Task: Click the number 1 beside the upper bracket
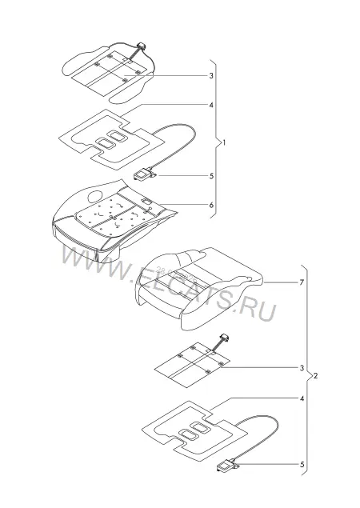click(x=224, y=142)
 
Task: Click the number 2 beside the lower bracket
click(x=316, y=375)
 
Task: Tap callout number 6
click(x=211, y=205)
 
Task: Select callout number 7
click(x=302, y=282)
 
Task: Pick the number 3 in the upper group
click(x=211, y=76)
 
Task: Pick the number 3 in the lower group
click(x=302, y=368)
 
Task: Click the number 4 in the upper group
click(x=211, y=105)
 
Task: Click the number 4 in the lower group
click(x=302, y=398)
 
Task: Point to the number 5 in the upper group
click(x=211, y=176)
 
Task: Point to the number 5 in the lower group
click(x=302, y=465)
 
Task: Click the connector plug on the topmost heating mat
click(x=142, y=46)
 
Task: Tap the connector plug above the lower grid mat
click(x=225, y=338)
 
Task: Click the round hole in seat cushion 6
click(x=95, y=196)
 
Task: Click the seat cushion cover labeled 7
click(x=198, y=288)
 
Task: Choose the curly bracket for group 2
click(x=307, y=370)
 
